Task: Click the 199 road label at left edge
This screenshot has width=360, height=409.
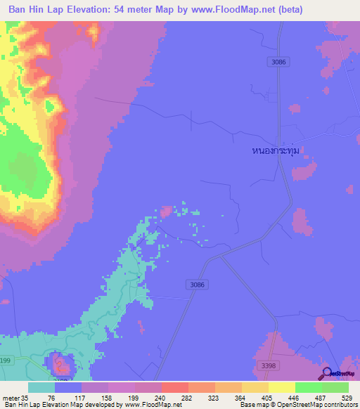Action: point(6,360)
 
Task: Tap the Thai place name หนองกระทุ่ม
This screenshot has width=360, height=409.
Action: point(281,150)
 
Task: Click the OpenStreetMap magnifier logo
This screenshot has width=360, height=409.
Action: point(326,373)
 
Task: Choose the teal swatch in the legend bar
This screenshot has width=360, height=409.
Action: point(41,387)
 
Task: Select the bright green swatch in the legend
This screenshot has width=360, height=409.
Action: point(308,387)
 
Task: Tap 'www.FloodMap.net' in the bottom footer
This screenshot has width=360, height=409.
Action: point(152,405)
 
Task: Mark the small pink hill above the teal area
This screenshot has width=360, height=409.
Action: point(167,211)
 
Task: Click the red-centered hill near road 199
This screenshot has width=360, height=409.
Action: point(61,364)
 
